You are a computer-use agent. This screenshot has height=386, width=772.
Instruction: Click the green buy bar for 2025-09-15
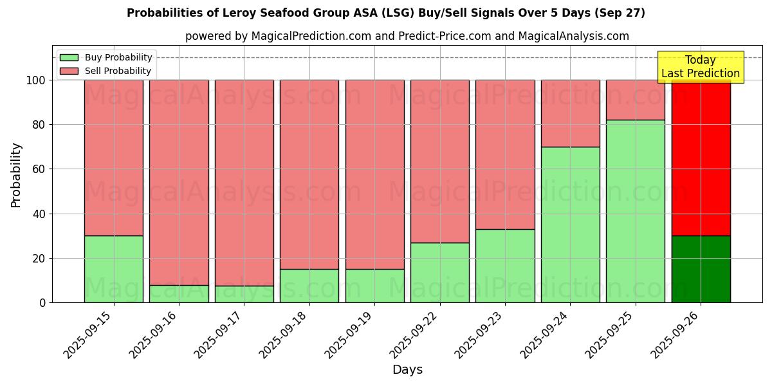click(114, 269)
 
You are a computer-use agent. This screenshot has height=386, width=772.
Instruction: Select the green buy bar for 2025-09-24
click(570, 225)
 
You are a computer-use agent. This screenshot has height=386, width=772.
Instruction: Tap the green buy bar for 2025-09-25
click(636, 211)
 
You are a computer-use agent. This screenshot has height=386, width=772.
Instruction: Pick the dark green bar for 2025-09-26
click(701, 269)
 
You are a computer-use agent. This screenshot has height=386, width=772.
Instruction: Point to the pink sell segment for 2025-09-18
click(309, 174)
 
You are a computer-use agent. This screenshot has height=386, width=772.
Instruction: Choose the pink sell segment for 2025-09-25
click(636, 100)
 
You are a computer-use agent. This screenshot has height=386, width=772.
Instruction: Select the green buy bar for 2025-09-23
click(505, 266)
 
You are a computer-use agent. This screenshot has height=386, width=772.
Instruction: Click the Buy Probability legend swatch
click(69, 58)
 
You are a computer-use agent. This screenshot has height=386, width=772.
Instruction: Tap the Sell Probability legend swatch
click(69, 71)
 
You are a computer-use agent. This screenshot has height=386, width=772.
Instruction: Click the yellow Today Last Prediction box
click(701, 67)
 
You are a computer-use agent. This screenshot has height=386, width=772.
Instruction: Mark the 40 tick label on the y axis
click(39, 214)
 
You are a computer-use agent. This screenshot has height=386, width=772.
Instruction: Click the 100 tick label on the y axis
click(35, 80)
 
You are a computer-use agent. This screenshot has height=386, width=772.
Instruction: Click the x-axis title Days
click(407, 370)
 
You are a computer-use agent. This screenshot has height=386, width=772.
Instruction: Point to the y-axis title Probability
click(16, 175)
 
